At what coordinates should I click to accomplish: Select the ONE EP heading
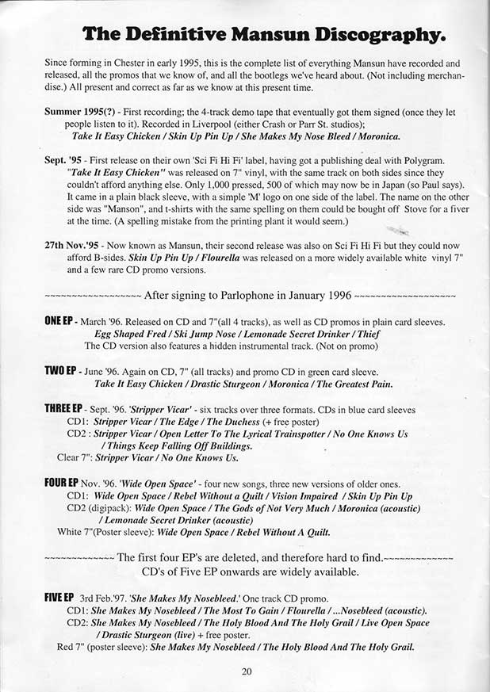pyautogui.click(x=60, y=323)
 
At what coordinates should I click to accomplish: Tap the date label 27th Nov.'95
pyautogui.click(x=77, y=247)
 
